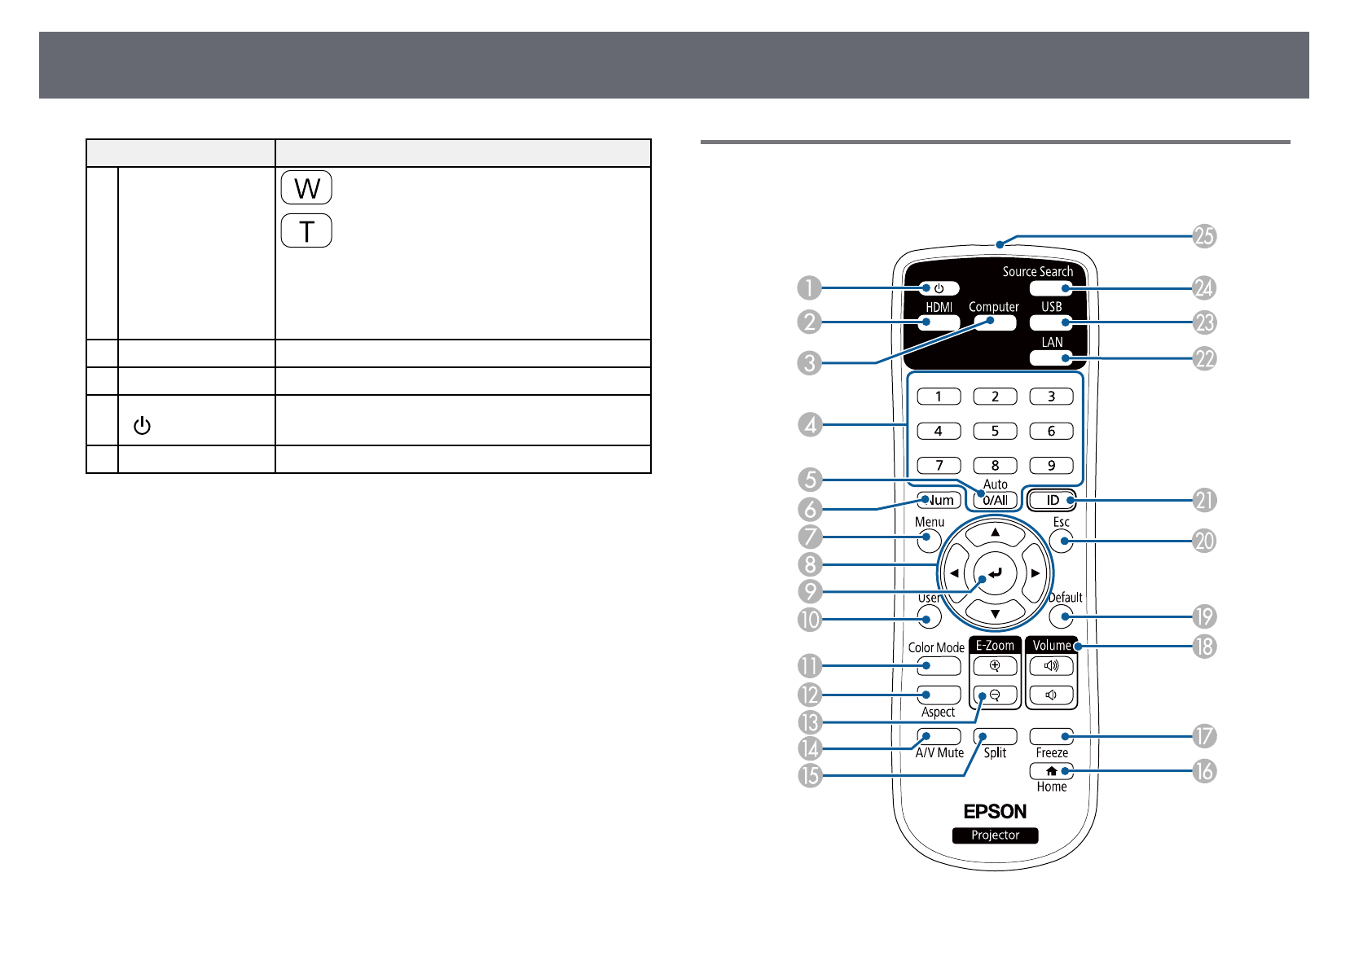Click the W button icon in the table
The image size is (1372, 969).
pos(306,187)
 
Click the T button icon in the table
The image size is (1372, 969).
pos(306,230)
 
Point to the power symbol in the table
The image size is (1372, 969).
pos(142,425)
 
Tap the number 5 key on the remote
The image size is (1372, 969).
pos(995,431)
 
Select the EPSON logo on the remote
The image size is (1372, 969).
pos(995,811)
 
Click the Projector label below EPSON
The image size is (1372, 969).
pos(995,835)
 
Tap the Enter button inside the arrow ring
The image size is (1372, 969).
pos(995,573)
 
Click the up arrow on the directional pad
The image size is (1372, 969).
pos(996,533)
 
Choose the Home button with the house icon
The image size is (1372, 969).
pos(1051,770)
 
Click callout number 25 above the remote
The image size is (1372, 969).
pos(1204,235)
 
